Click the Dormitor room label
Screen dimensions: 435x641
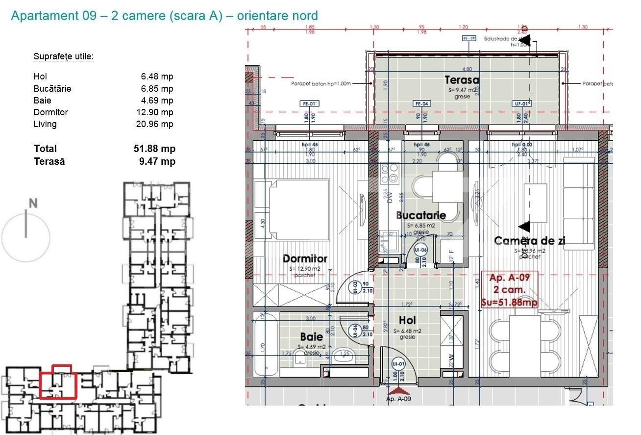tap(305, 258)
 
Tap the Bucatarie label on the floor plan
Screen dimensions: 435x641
tap(420, 215)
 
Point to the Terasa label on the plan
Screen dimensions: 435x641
tap(462, 80)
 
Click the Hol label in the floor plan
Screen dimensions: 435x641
tap(407, 320)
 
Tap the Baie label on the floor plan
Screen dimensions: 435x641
tap(312, 337)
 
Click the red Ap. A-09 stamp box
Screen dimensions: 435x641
tap(510, 290)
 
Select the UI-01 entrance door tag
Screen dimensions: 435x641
tap(398, 364)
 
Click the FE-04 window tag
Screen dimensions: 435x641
tap(422, 104)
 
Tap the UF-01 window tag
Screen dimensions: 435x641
tap(522, 104)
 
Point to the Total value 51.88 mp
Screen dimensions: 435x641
tap(154, 149)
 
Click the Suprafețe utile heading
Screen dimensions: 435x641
tap(63, 56)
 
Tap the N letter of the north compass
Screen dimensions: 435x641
tap(33, 203)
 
